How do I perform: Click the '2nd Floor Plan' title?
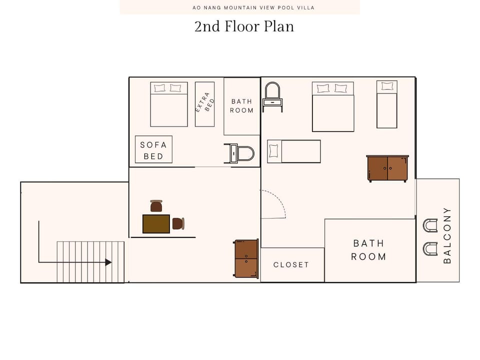point(244,26)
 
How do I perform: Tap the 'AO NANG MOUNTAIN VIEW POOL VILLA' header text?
point(239,7)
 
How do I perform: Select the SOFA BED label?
point(153,150)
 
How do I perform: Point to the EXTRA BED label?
point(204,104)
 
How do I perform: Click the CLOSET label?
point(291,264)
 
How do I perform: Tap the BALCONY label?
point(447,235)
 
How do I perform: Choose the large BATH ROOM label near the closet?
point(368,250)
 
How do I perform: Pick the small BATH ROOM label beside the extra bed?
point(241,106)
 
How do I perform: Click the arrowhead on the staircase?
point(108,262)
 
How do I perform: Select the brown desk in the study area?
point(156,223)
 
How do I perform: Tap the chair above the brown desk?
point(156,205)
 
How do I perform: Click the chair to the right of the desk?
point(178,223)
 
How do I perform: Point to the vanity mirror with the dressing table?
point(272,96)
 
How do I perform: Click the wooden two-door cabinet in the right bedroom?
point(387,168)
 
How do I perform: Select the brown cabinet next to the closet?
point(246,258)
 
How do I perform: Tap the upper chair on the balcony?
point(429,225)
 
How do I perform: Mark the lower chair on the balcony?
point(429,248)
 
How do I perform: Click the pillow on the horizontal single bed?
point(273,151)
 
